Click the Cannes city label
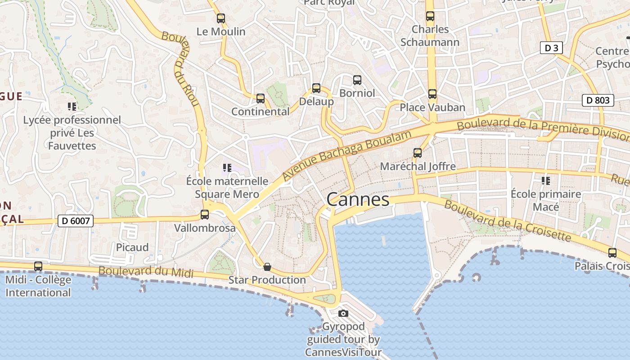pos(358,199)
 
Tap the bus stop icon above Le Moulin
pos(221,18)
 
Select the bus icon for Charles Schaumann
pos(430,16)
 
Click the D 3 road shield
pos(551,48)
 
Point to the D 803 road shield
pos(598,100)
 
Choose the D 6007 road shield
pos(76,221)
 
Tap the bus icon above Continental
pos(261,99)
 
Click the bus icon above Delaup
pos(316,88)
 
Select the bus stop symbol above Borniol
pos(357,80)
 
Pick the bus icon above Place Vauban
pos(432,94)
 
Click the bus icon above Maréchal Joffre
pos(418,153)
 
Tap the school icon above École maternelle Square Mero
pos(227,168)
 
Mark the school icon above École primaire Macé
pos(546,181)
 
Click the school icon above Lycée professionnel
pos(72,107)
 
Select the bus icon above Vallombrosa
pos(205,215)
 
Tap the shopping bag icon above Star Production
pos(267,267)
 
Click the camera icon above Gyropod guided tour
pos(343,313)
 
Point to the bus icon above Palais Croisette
pos(612,253)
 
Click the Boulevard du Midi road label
pos(146,272)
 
